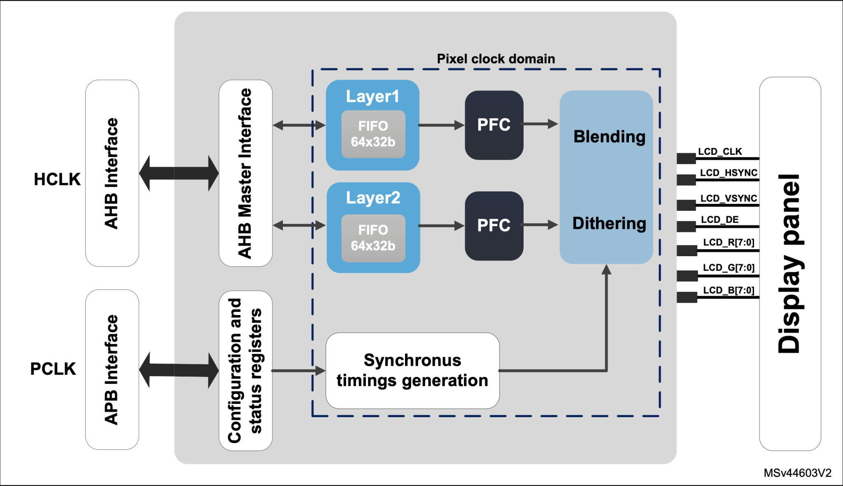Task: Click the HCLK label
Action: pos(57,179)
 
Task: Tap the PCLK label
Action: pos(53,369)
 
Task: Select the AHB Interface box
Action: pos(112,173)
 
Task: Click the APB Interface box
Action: pos(112,369)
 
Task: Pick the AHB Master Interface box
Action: pos(245,173)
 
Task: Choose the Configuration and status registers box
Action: pos(245,370)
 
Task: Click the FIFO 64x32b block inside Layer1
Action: pos(373,134)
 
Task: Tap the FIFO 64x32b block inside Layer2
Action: pos(373,238)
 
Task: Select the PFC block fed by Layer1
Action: pos(494,125)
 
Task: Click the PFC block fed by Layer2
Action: pos(494,226)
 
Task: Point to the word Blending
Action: pos(609,137)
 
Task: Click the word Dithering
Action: pos(609,223)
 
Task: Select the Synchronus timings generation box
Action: pos(412,370)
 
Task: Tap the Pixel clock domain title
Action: pos(496,59)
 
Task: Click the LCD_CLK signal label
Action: pos(720,152)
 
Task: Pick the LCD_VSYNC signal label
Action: pos(729,199)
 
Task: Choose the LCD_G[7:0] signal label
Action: pos(729,268)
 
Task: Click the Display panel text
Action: pos(789,264)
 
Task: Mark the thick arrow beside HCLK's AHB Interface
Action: pos(179,173)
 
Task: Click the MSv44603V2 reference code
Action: pos(797,473)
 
